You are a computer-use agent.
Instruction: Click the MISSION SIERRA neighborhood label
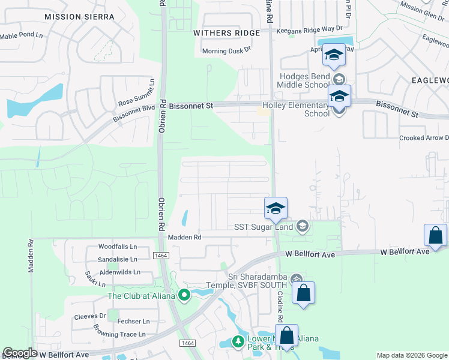point(79,17)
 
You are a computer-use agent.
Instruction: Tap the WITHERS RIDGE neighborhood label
point(227,33)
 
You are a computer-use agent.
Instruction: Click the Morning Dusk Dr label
point(226,51)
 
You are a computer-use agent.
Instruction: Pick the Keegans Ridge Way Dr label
point(309,29)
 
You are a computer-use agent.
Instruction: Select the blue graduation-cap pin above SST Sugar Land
point(276,208)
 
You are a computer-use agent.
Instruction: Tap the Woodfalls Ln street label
point(118,247)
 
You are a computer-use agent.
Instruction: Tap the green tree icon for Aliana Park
point(238,341)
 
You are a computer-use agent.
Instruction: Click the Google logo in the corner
point(20,353)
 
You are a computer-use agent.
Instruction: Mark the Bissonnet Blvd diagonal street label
point(131,114)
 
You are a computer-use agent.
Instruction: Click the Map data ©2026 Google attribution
point(411,355)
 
